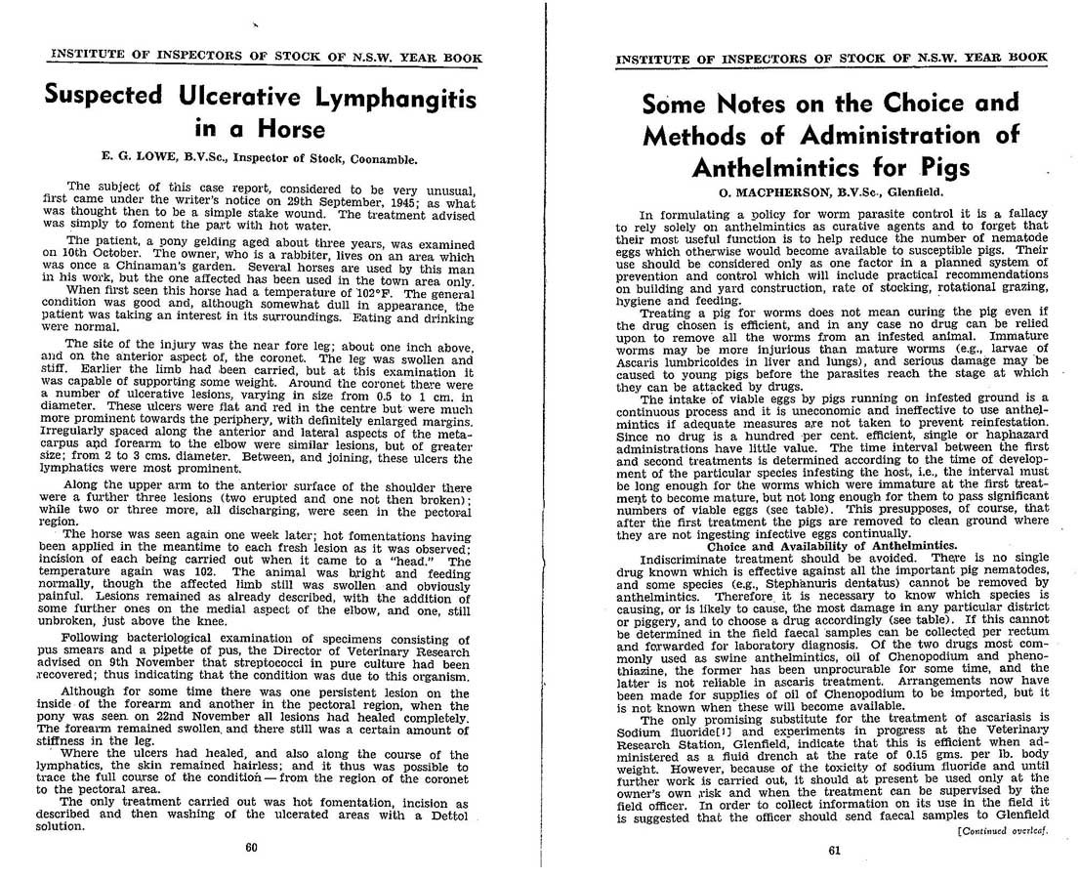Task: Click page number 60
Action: [x=251, y=847]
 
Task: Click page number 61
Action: [x=834, y=850]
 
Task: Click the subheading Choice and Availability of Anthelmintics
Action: [x=833, y=546]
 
